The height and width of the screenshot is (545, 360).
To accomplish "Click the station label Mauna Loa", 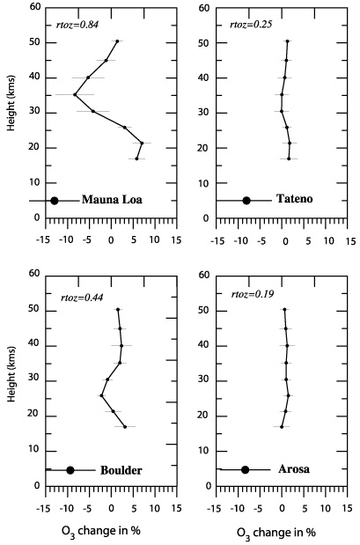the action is [x=112, y=200].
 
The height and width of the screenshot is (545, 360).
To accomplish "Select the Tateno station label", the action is [x=294, y=198].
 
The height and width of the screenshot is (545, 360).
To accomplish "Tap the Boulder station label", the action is [x=121, y=470].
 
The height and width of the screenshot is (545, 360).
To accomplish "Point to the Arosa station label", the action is [x=294, y=469].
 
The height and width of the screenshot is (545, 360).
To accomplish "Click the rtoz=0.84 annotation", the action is [x=77, y=25].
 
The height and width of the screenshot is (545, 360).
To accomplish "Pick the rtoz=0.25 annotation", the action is [x=251, y=25].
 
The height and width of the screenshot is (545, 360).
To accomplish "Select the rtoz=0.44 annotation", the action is [x=82, y=298].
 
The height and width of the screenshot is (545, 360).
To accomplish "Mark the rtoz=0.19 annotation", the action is [x=253, y=294].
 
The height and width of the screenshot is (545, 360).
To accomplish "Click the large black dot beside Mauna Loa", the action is [x=55, y=201].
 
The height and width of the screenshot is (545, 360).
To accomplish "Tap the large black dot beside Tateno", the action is [x=246, y=200].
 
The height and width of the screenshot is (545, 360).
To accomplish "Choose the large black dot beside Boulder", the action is [x=70, y=470].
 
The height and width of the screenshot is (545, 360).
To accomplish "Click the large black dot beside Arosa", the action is [x=246, y=470].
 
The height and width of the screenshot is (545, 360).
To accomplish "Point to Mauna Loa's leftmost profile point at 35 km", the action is [x=75, y=94].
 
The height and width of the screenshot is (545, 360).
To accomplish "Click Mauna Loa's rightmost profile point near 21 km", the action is [x=142, y=143].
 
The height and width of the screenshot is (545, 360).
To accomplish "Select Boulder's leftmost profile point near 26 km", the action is [x=101, y=395].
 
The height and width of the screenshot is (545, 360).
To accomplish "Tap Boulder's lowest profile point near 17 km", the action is [x=125, y=427].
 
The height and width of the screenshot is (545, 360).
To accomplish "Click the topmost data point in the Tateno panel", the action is [x=287, y=41].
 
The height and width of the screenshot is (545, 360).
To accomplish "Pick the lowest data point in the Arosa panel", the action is [x=282, y=427].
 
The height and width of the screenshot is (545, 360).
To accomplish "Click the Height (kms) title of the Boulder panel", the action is [x=11, y=374].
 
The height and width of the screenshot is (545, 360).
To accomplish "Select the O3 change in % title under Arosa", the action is [x=276, y=533].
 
